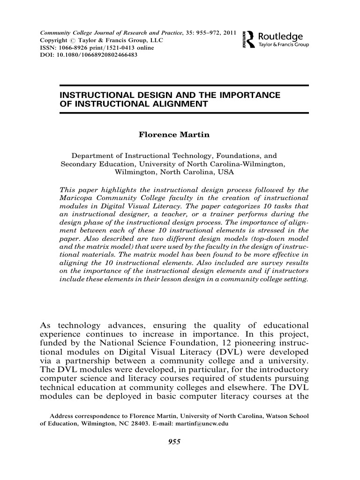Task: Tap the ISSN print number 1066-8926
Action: [72, 48]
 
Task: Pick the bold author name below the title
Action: [173, 135]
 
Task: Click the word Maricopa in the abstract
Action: [77, 198]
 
